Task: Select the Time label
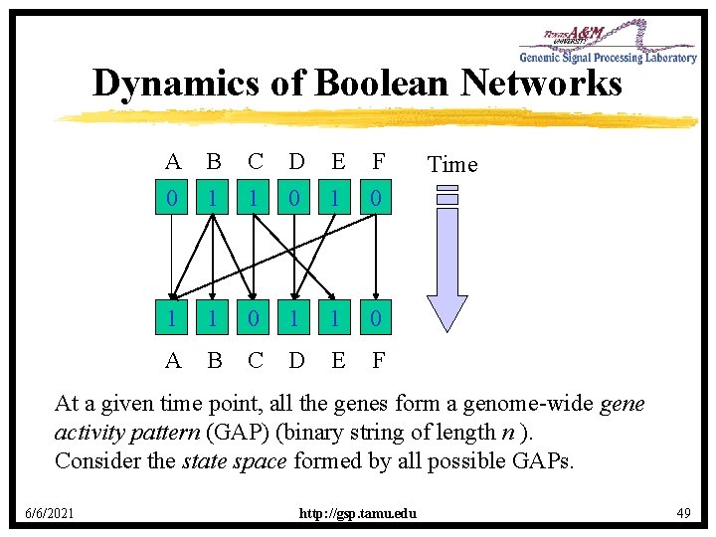[451, 164]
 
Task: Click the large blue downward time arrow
[447, 259]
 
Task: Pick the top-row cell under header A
[173, 199]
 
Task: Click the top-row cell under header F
[378, 199]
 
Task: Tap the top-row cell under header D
[295, 199]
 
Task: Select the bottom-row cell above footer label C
[255, 320]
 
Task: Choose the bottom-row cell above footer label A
[173, 320]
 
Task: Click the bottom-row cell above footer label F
[378, 320]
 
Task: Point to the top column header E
[337, 161]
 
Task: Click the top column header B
[213, 161]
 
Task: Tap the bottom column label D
[295, 359]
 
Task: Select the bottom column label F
[378, 359]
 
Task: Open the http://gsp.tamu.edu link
[358, 513]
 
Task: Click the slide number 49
[682, 512]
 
